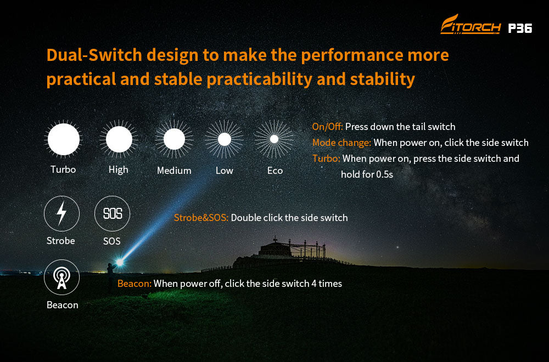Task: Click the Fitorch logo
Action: click(x=470, y=25)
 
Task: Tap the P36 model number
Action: click(x=520, y=28)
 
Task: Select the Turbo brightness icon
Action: click(x=63, y=139)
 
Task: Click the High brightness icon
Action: click(x=119, y=139)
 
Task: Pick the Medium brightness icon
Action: click(x=174, y=139)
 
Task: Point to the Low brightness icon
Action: click(x=225, y=139)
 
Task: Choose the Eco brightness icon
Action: click(x=274, y=139)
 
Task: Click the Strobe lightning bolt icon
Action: click(x=61, y=213)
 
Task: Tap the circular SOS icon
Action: click(x=112, y=213)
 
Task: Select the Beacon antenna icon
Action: click(x=61, y=278)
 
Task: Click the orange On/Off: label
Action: click(x=327, y=127)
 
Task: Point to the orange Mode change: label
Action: click(x=341, y=143)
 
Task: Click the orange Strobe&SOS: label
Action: click(x=201, y=218)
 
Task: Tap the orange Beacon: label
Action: click(x=135, y=284)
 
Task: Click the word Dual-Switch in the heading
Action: click(x=94, y=55)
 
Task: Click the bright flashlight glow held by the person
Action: click(x=120, y=262)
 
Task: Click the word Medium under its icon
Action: click(x=174, y=171)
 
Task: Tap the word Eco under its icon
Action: click(x=275, y=171)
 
